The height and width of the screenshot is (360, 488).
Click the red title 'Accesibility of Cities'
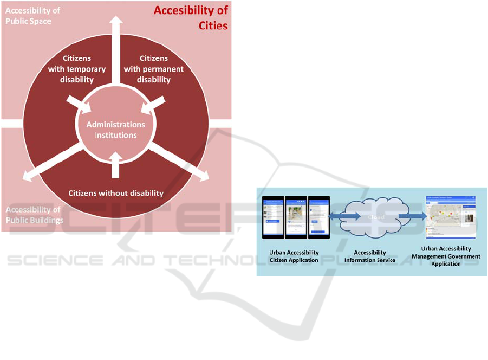[191, 18]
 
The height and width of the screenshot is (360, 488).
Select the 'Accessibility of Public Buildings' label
[34, 215]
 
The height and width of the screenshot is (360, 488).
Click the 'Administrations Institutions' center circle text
[116, 130]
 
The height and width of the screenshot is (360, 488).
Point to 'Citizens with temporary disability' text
[76, 69]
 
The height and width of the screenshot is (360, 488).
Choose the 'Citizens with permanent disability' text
[154, 69]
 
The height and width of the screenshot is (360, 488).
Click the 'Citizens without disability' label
[115, 192]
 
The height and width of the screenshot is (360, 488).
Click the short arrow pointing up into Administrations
[115, 165]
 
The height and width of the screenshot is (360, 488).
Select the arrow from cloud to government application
[412, 217]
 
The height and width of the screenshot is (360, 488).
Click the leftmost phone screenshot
[273, 217]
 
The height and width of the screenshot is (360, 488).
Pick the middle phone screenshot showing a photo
[296, 217]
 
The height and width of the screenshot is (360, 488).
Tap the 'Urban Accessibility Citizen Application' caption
[294, 256]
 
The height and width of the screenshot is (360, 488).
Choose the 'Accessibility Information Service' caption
[370, 256]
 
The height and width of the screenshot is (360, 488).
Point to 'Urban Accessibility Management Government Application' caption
[446, 256]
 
